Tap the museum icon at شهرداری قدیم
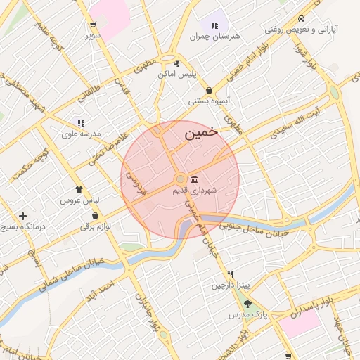(195, 179)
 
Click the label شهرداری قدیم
(195, 190)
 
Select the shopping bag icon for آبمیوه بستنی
(210, 90)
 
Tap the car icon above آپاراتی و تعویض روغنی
(301, 18)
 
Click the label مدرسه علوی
(82, 133)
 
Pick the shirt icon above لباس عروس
(79, 189)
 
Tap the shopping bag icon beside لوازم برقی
(95, 215)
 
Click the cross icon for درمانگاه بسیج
(23, 216)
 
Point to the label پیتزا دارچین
(230, 286)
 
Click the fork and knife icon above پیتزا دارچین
(229, 275)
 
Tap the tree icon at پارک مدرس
(247, 304)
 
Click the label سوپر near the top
(94, 34)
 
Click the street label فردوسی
(134, 182)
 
